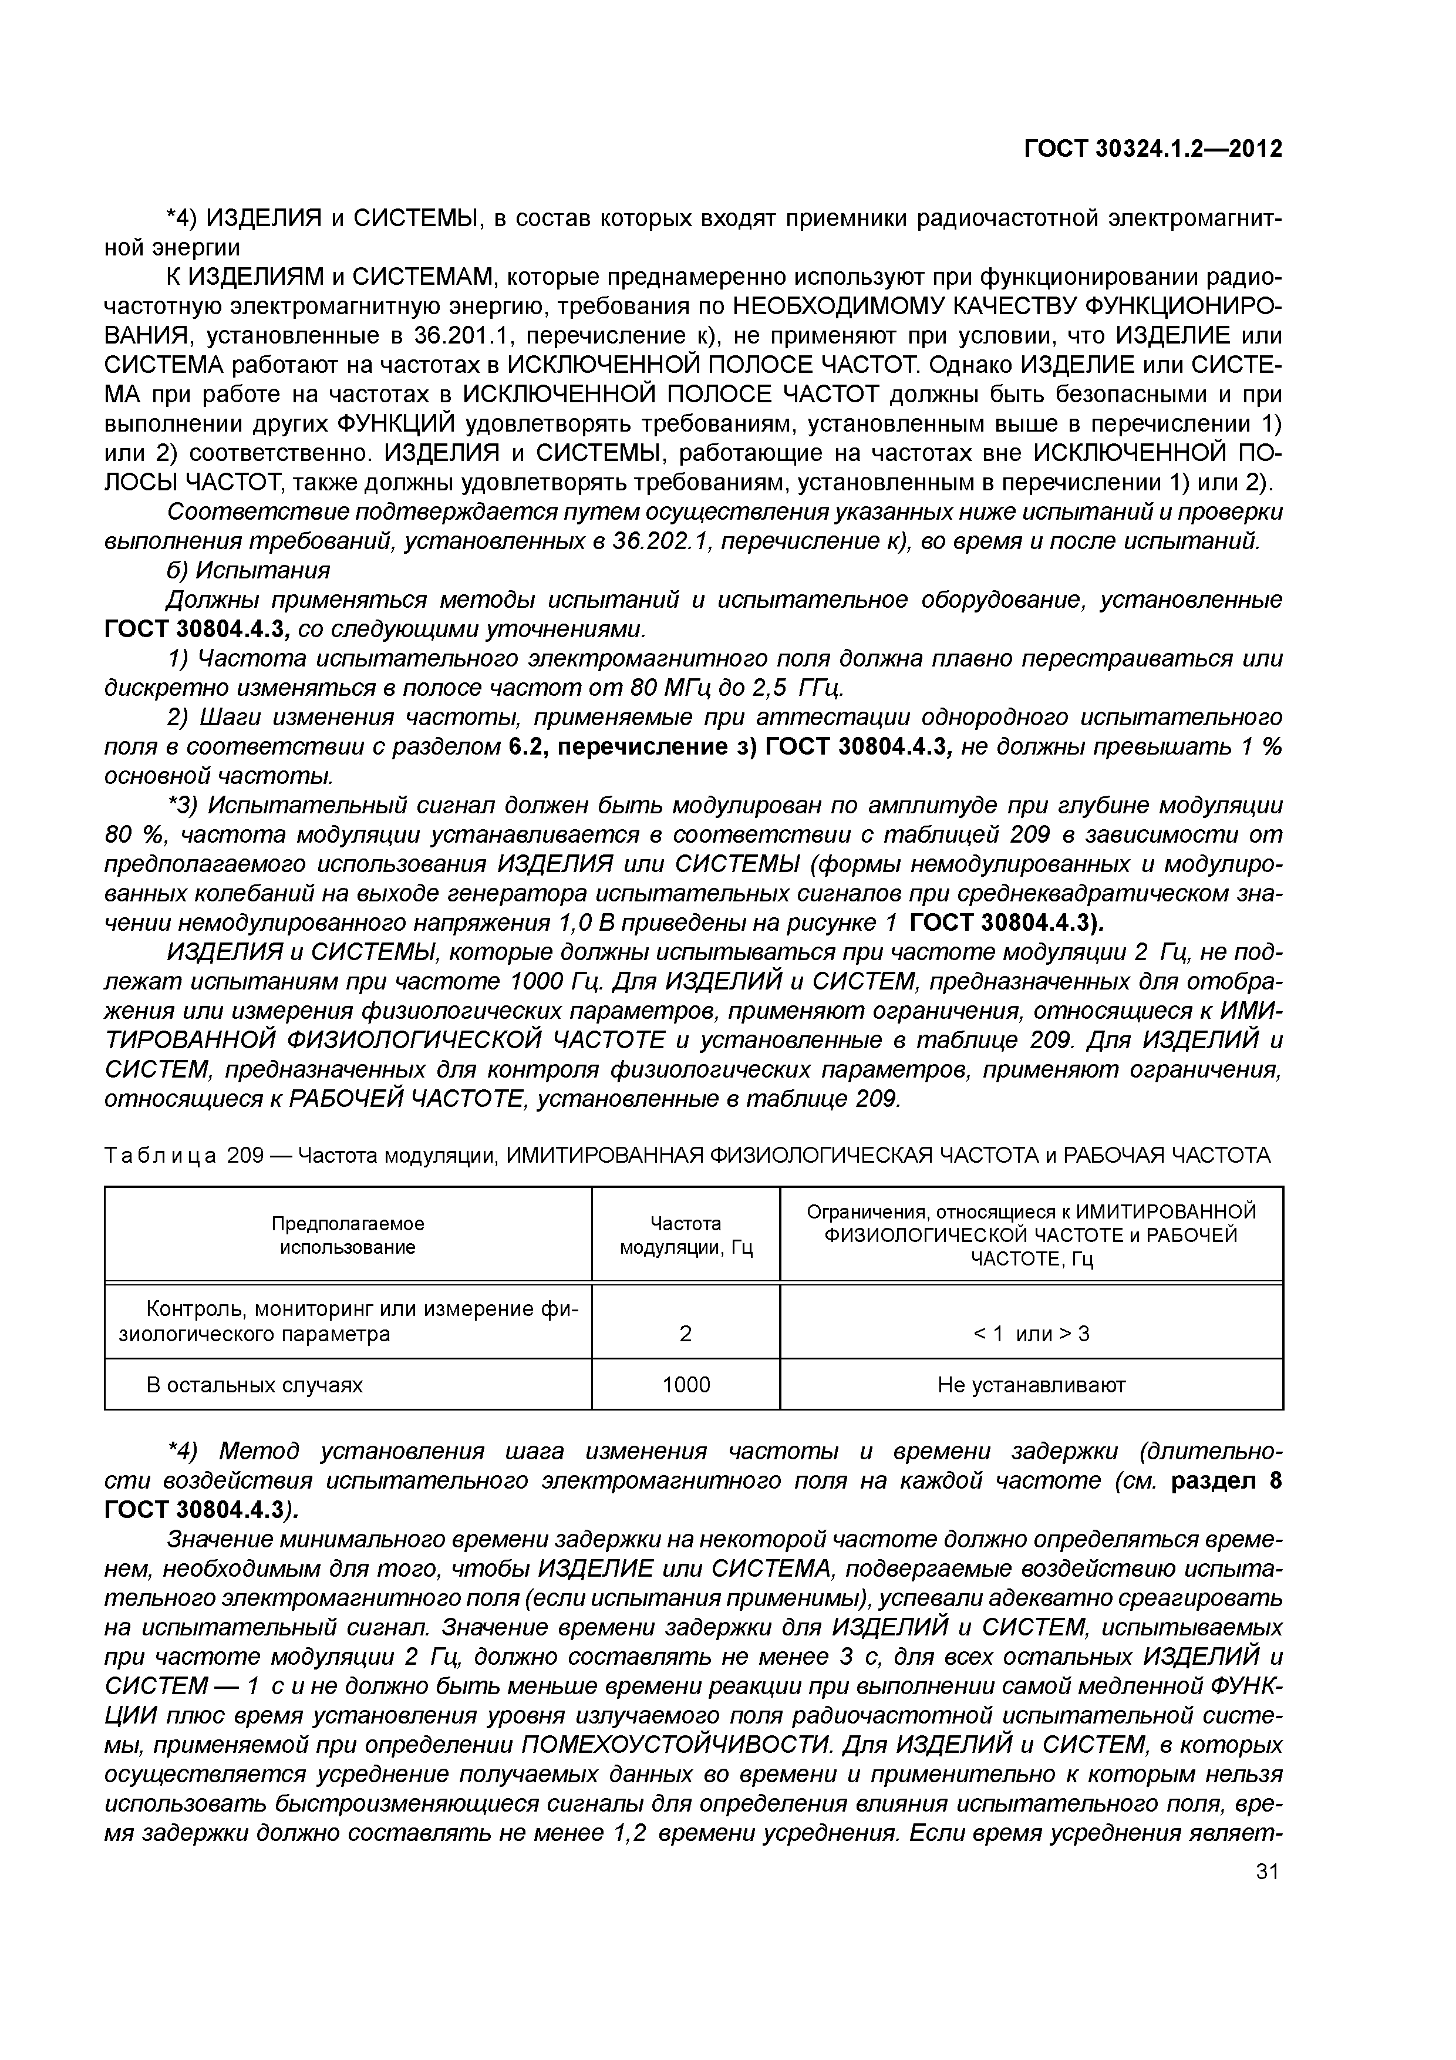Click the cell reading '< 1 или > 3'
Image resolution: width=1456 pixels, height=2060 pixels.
(1031, 1333)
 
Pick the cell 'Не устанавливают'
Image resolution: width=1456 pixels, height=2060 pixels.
(1031, 1385)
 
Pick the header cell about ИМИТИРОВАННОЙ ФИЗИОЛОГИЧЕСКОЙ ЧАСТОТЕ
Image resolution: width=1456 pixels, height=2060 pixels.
(1031, 1234)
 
